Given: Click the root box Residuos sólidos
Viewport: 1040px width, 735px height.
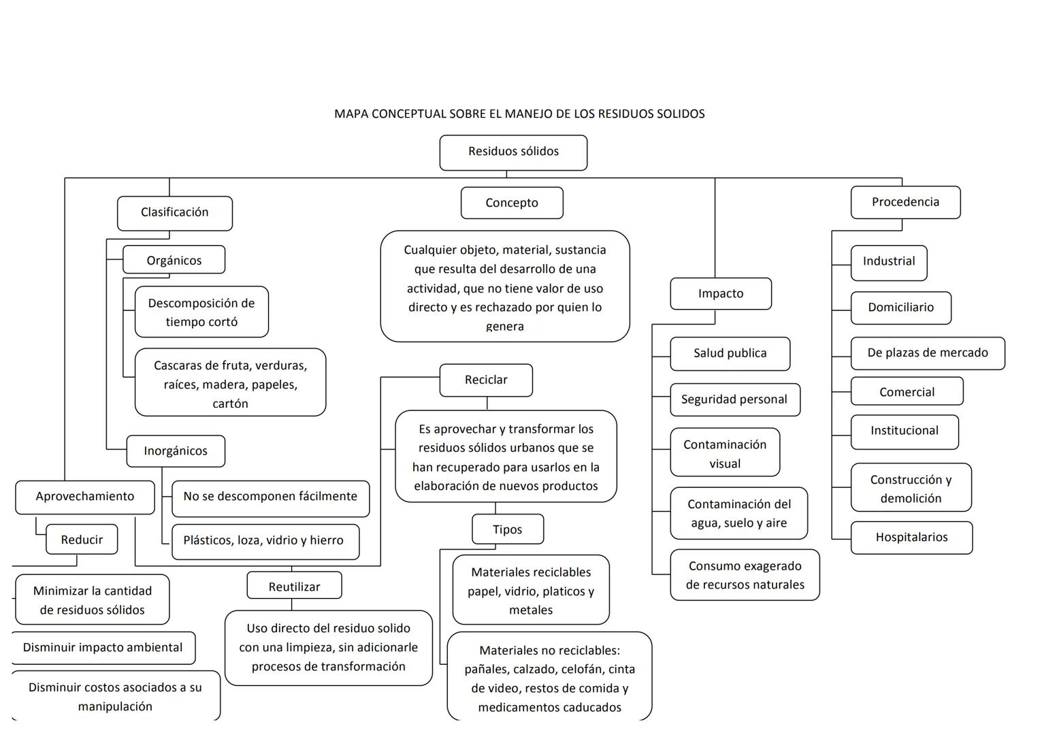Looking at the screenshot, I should click(513, 152).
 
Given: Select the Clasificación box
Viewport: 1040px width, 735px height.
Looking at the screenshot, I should click(175, 213).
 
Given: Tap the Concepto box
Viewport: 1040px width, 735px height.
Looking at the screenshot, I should click(512, 203).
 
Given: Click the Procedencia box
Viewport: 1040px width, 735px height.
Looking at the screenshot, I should click(905, 202).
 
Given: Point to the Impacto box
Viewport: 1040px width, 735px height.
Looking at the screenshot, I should click(721, 293).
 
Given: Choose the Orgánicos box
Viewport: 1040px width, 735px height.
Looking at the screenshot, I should click(174, 260).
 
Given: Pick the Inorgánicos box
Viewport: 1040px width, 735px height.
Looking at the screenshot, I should click(176, 451).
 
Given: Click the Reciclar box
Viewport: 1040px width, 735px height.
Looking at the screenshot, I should click(486, 380).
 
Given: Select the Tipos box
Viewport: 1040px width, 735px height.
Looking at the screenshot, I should click(508, 529).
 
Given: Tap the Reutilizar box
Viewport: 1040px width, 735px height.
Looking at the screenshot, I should click(294, 586).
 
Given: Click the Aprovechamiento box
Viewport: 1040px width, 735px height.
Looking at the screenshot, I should click(85, 497).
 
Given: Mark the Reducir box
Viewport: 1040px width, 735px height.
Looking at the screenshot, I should click(82, 540).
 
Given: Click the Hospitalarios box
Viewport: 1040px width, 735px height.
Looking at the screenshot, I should click(911, 538).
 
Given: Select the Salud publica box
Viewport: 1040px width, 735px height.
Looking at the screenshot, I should click(730, 353).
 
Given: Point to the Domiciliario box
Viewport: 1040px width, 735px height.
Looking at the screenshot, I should click(900, 308).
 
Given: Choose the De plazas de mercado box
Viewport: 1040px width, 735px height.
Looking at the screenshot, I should click(927, 353).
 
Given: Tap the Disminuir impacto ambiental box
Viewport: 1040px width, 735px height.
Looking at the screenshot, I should click(103, 648).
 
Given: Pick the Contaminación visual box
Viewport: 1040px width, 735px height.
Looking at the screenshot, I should click(725, 453).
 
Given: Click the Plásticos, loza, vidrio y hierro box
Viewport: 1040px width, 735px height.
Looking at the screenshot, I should click(264, 541).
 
